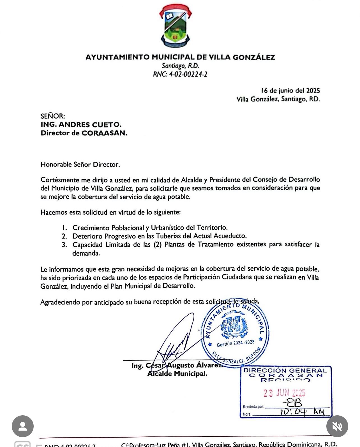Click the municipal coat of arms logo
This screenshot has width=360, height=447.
pyautogui.click(x=176, y=26)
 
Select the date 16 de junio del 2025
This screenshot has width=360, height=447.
pyautogui.click(x=290, y=91)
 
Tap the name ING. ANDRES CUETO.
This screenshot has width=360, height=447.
pyautogui.click(x=81, y=124)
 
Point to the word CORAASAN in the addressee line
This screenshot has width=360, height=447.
pyautogui.click(x=104, y=133)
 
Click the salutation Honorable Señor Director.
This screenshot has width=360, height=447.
pyautogui.click(x=80, y=165)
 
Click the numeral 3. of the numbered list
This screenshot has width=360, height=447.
pyautogui.click(x=64, y=245)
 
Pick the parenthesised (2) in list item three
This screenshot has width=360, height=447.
pyautogui.click(x=158, y=244)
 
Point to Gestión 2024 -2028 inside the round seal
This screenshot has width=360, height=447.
pyautogui.click(x=236, y=343)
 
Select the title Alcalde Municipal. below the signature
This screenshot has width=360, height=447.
pyautogui.click(x=177, y=374)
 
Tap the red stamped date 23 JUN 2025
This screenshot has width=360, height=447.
pyautogui.click(x=284, y=393)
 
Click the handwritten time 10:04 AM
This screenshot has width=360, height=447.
pyautogui.click(x=302, y=412)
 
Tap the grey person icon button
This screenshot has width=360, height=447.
pyautogui.click(x=23, y=426)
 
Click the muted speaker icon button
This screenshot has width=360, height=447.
pyautogui.click(x=337, y=426)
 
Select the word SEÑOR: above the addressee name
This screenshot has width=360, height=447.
pyautogui.click(x=53, y=116)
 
